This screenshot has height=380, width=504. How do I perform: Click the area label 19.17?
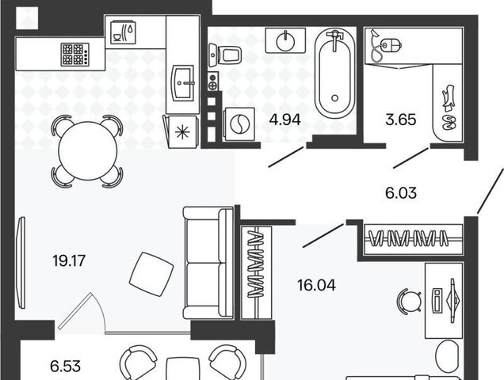tap(69, 260)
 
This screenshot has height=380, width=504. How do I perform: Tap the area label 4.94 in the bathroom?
tap(285, 120)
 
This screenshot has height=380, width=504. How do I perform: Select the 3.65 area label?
tap(400, 120)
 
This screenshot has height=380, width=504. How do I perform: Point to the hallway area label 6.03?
tap(401, 193)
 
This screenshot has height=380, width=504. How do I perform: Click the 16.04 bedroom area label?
tap(317, 285)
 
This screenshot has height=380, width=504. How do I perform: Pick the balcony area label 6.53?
tap(65, 367)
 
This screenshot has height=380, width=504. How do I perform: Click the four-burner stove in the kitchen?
tap(75, 55)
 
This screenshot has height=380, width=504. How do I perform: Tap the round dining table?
tap(88, 150)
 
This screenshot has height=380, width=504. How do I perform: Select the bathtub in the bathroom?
tap(334, 74)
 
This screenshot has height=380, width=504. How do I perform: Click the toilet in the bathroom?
tap(225, 55)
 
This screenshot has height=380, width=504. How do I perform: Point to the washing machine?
tap(240, 124)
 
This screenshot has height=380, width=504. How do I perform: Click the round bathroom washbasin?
tap(285, 40)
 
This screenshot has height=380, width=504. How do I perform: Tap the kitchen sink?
tap(183, 83)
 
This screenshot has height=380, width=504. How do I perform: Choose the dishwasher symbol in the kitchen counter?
tap(123, 32)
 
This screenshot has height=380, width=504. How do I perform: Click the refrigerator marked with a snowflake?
tap(181, 131)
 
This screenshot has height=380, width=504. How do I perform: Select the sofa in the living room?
tap(208, 263)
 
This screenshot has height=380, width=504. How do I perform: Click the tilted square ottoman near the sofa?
tap(151, 274)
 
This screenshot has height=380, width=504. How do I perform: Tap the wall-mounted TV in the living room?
tap(21, 263)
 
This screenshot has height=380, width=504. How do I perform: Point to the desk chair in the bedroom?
tap(409, 300)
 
